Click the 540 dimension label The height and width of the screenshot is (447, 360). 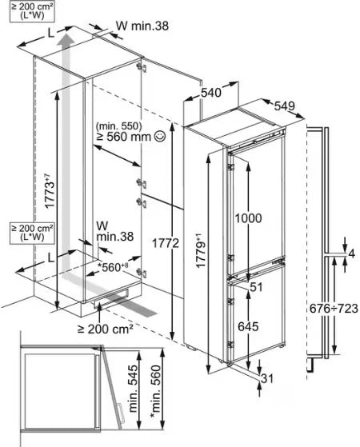tap(211, 93)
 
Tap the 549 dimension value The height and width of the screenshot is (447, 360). tap(285, 106)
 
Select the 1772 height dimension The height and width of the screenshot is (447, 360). tap(166, 243)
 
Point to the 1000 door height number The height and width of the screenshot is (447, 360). tap(248, 218)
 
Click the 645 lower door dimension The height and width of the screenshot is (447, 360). tap(248, 326)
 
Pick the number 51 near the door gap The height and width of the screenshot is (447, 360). tap(256, 287)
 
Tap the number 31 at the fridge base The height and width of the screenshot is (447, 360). tap(267, 378)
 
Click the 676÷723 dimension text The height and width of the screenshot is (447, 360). tap(334, 308)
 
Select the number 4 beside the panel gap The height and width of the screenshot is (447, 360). tap(351, 253)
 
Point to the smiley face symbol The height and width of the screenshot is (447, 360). tap(159, 136)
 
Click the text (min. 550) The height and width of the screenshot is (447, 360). tap(118, 126)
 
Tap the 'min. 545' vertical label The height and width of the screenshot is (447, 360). tap(134, 389)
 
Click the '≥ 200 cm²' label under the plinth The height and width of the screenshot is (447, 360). tap(106, 329)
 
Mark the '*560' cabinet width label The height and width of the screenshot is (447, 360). tap(113, 267)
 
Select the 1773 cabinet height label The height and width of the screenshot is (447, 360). tap(49, 191)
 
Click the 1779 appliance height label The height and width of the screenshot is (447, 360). tap(201, 250)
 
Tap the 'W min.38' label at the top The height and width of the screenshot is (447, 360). tap(142, 26)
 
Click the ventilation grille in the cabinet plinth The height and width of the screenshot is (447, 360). tap(110, 298)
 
